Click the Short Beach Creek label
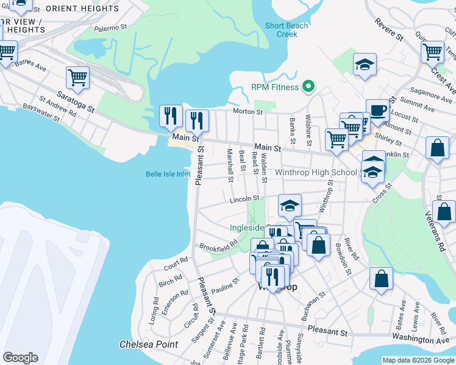coord(287,30)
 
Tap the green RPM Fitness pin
coord(308,87)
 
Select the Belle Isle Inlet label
coord(168,174)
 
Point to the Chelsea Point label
coord(149,344)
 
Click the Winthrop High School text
coord(316,172)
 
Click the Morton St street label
coord(248,112)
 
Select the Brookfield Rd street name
coord(218,246)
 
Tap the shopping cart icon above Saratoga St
coord(78,77)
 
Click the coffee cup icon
coord(377,110)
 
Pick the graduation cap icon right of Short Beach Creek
coord(365,64)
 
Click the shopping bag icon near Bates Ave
coord(381,279)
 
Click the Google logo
coord(20,358)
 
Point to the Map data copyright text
coord(418,360)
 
